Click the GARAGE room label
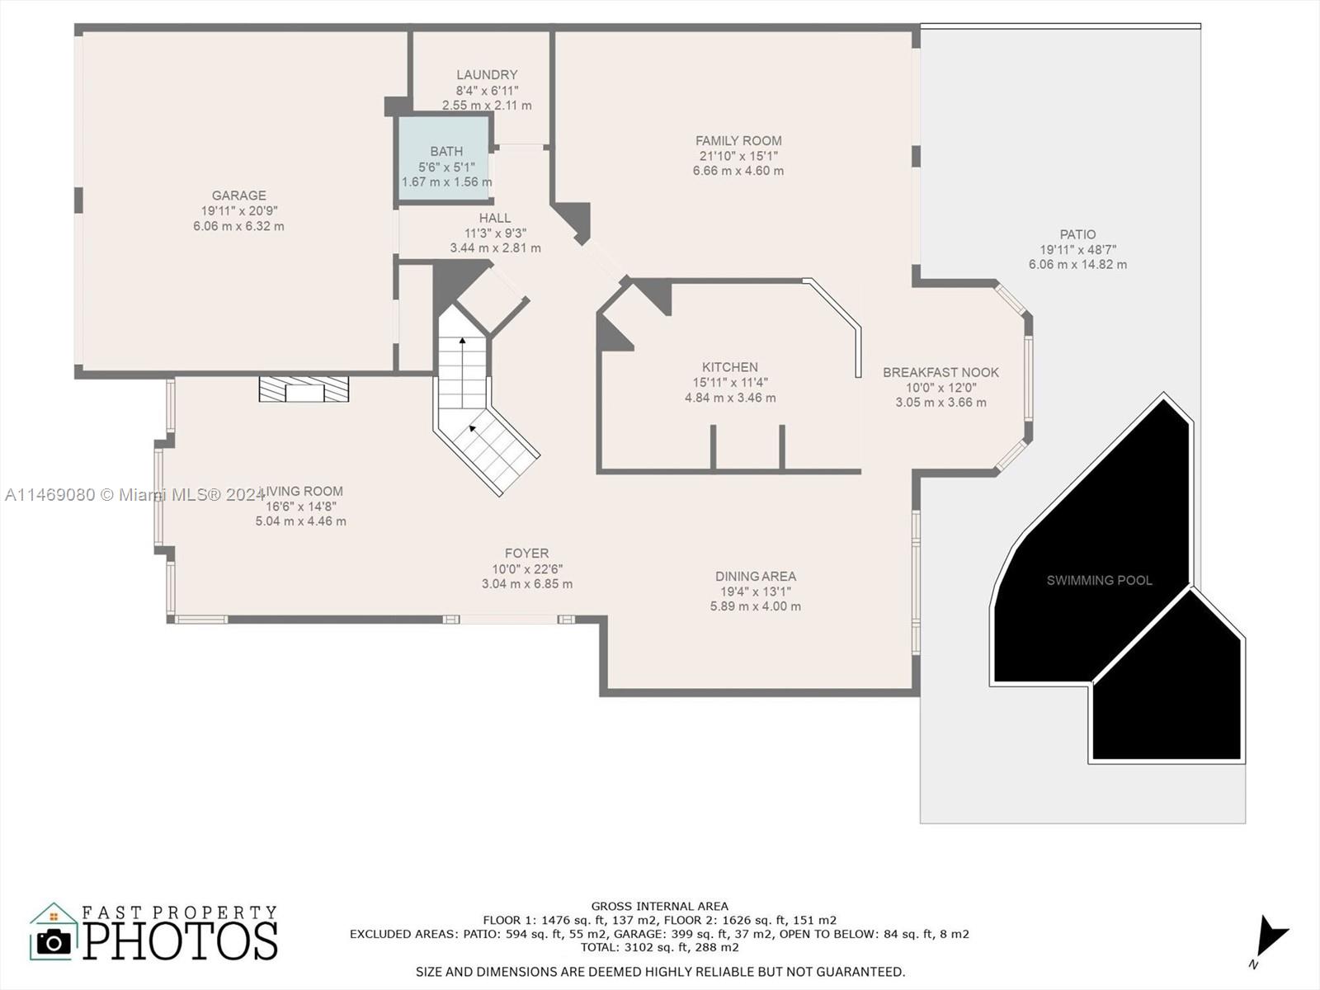point(238,196)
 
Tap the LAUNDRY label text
point(487,74)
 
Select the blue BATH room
point(444,158)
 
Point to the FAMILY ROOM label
point(738,140)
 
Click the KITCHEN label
point(730,366)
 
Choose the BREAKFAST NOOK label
point(940,372)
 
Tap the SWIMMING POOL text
point(1099,580)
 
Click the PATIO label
point(1077,234)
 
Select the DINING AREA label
point(756,576)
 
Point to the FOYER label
point(527,553)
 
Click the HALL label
point(495,218)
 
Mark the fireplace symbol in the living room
point(304,389)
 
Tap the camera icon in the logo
point(54,942)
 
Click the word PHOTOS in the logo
point(181,941)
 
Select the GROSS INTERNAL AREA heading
point(660,907)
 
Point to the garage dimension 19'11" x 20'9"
point(238,211)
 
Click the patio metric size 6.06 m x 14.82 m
point(1077,265)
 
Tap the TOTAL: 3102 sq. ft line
point(660,947)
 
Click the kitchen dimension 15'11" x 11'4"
point(730,382)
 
